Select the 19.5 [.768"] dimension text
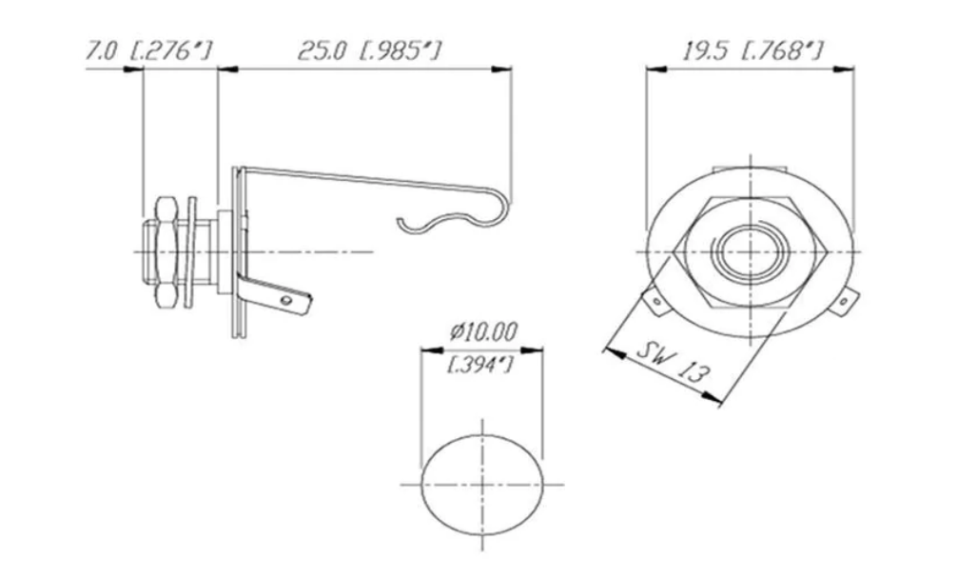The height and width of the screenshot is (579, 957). pos(752,50)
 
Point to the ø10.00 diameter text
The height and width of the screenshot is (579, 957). pos(483,332)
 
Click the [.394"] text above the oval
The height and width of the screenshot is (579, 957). pos(481,364)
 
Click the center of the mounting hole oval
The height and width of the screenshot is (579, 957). pos(483,483)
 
